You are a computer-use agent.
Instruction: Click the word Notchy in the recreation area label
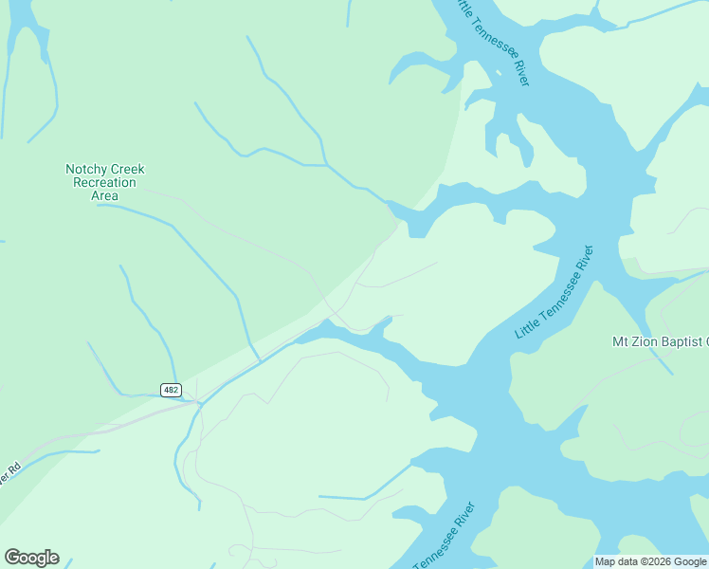83,169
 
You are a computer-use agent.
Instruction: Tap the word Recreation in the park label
104,182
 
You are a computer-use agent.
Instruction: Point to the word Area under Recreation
104,195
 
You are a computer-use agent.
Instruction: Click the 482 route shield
171,390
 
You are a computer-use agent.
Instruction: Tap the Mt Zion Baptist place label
660,341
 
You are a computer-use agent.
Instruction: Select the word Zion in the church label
647,341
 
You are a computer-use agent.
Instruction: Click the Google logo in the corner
31,558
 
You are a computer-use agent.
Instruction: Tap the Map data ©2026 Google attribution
651,561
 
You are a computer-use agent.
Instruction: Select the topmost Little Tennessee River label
491,42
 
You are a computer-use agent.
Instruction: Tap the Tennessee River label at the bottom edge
445,536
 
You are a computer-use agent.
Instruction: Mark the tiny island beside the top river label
498,72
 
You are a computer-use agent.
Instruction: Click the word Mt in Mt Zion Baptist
622,341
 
